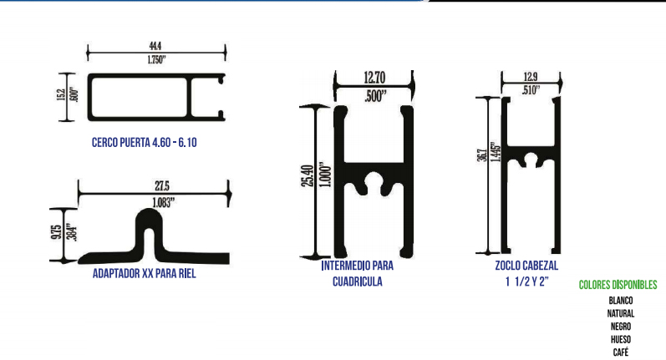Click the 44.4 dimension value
coord(155,46)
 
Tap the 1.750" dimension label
coord(156,60)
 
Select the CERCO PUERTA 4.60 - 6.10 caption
coord(145,142)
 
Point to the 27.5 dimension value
coord(162,186)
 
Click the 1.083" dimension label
coord(164,202)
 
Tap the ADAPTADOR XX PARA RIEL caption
coord(145,273)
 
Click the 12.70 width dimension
coord(374,78)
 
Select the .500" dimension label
coord(376,96)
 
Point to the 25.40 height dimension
coord(308,176)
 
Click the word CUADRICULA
coord(357,281)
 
